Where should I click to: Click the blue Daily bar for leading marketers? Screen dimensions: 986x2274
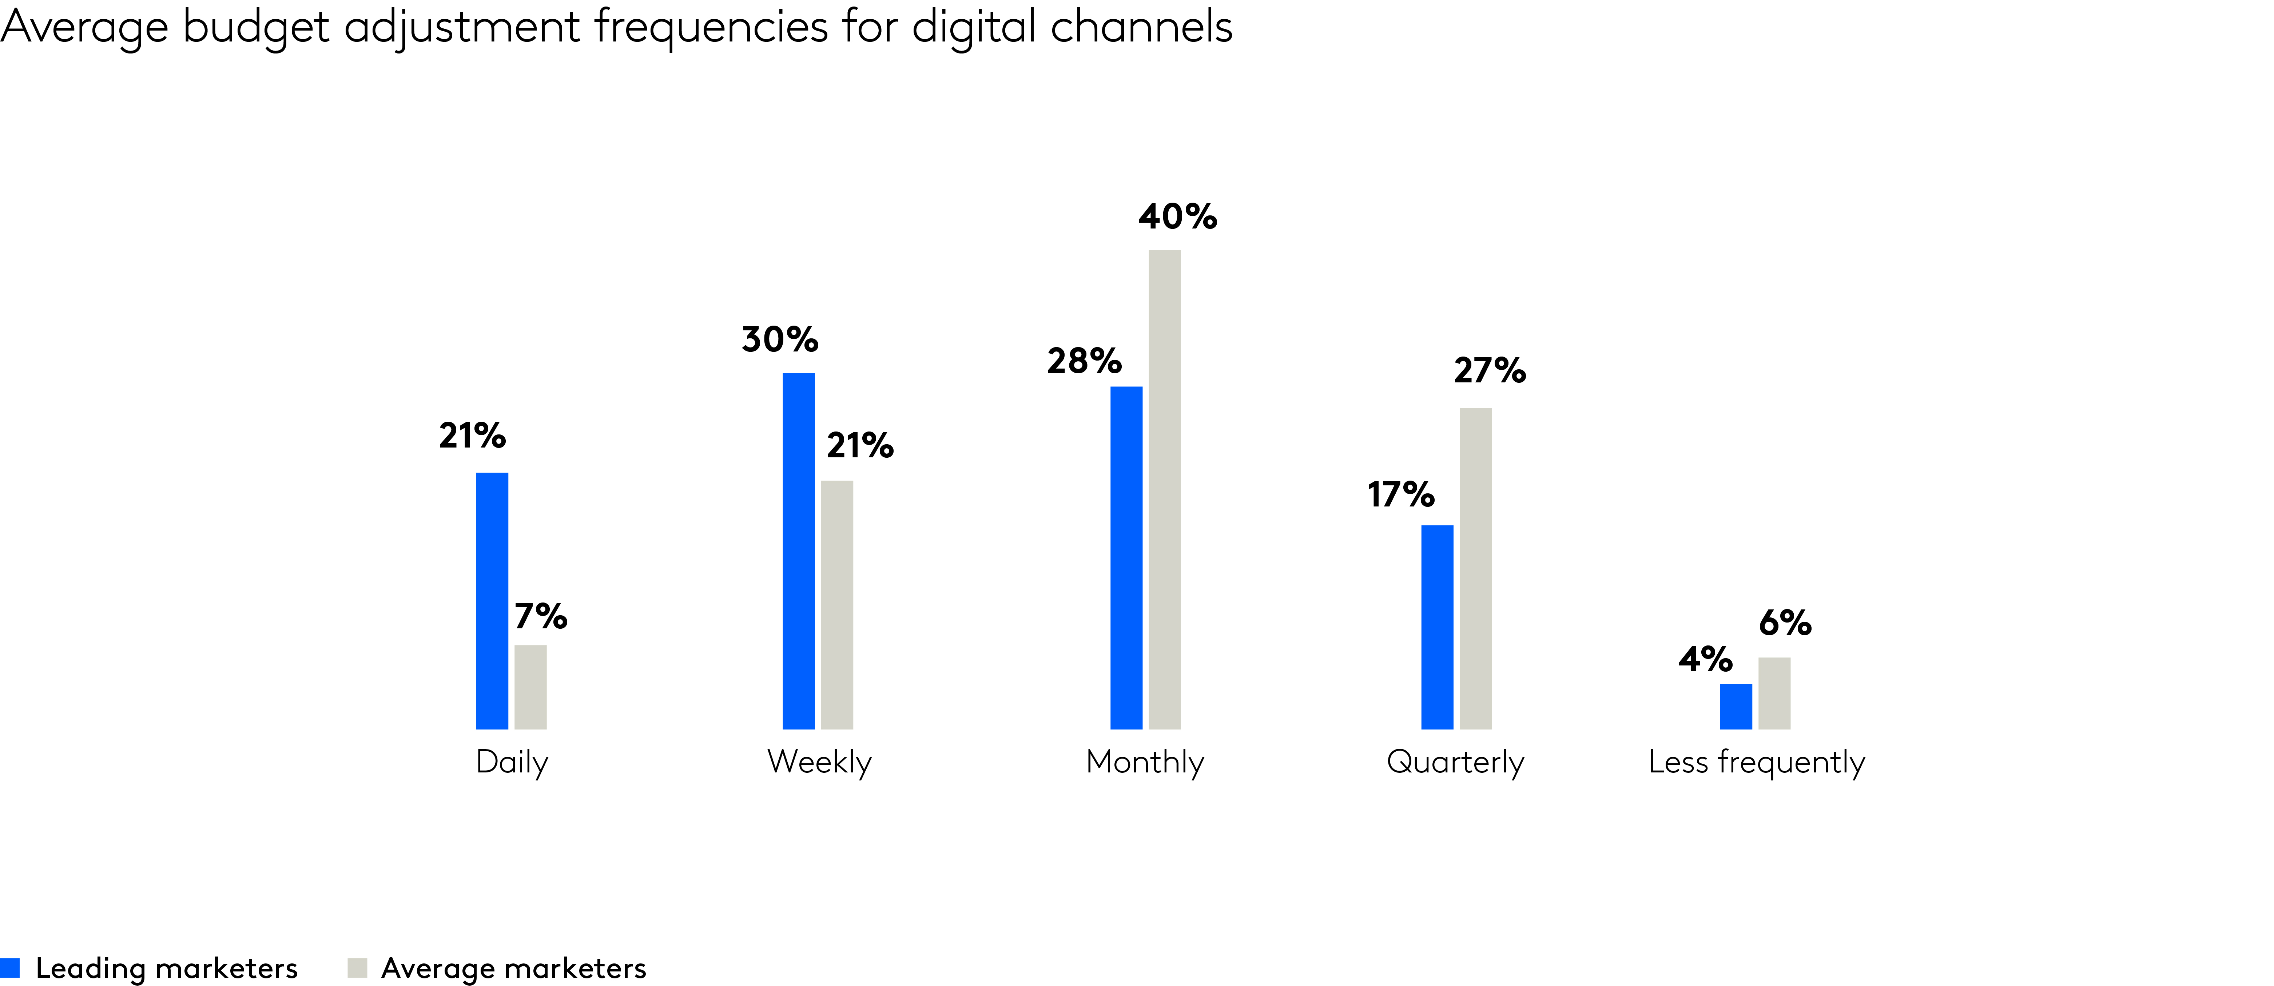pyautogui.click(x=492, y=600)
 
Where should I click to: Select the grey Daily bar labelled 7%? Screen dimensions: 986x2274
pyautogui.click(x=530, y=687)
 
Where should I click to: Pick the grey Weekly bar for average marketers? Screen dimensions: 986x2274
pyautogui.click(x=837, y=605)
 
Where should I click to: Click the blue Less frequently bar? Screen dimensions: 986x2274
pyautogui.click(x=1736, y=706)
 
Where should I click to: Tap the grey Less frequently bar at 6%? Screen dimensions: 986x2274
pyautogui.click(x=1774, y=693)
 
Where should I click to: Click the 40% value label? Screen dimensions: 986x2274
pyautogui.click(x=1177, y=216)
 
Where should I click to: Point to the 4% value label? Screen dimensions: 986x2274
pyautogui.click(x=1705, y=659)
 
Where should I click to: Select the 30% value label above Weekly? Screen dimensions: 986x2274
pyautogui.click(x=779, y=339)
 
